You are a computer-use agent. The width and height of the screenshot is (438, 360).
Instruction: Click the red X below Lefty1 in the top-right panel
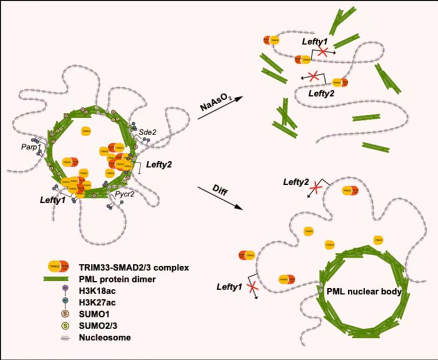click(322, 53)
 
